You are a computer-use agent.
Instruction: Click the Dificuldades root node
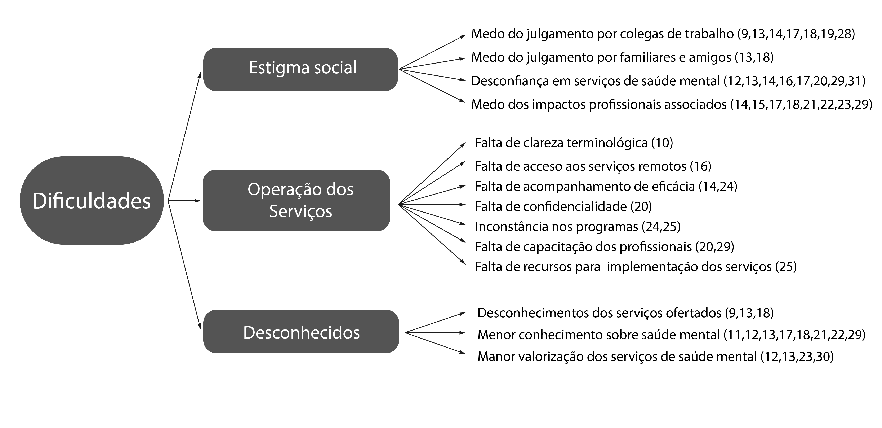coord(92,200)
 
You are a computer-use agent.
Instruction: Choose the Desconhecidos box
coord(301,331)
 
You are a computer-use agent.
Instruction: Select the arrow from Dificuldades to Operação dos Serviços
coord(184,200)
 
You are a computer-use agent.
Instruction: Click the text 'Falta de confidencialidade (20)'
coord(563,206)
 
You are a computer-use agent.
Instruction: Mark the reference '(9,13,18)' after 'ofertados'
coord(749,313)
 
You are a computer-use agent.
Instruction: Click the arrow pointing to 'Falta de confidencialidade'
coord(432,205)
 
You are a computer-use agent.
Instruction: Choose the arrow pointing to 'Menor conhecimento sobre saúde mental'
coord(436,332)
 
